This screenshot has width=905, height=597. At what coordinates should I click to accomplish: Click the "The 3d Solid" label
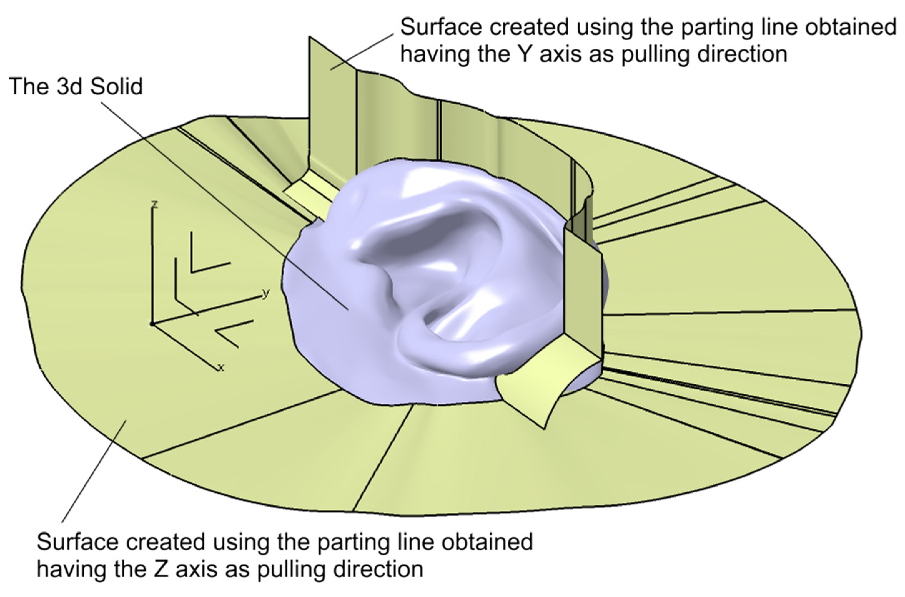(x=75, y=86)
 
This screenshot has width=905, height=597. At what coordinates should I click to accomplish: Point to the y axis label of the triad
(x=266, y=293)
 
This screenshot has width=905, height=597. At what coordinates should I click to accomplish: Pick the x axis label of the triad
(x=221, y=368)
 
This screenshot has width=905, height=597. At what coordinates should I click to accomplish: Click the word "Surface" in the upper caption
(x=442, y=27)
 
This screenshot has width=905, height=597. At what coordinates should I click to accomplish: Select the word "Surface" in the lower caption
(x=78, y=542)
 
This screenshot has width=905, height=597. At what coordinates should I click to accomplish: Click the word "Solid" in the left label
(x=116, y=86)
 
